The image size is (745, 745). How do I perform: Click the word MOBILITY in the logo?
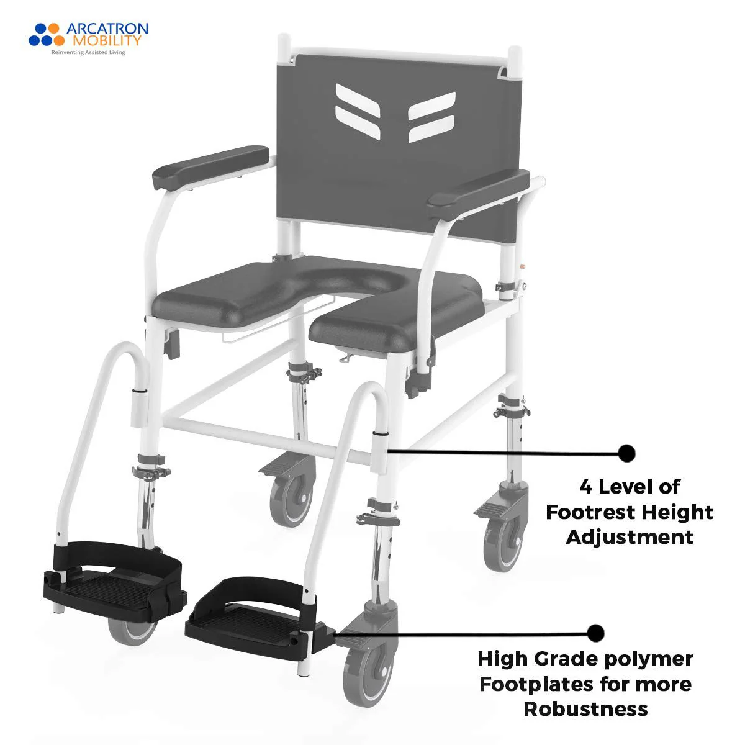(x=107, y=41)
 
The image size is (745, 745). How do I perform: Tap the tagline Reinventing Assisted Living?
(x=88, y=53)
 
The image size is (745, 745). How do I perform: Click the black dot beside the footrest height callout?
(x=626, y=453)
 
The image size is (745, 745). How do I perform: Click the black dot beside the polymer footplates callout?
(x=595, y=633)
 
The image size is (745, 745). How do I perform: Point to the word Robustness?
(x=585, y=708)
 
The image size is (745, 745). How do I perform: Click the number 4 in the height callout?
(x=585, y=487)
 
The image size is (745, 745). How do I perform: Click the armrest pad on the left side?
(x=210, y=167)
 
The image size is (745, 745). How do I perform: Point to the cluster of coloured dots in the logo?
(x=47, y=34)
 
